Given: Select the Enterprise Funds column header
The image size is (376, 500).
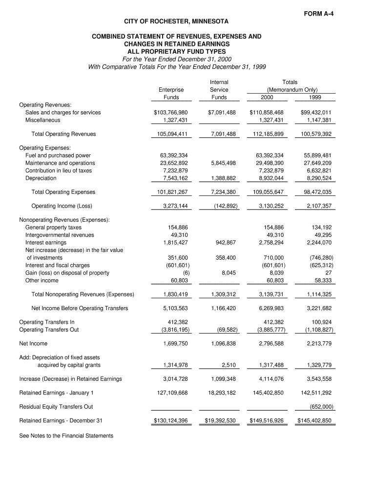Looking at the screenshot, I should (x=171, y=93).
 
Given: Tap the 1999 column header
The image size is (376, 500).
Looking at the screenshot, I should (x=315, y=97).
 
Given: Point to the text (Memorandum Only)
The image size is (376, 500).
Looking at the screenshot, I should (x=292, y=90).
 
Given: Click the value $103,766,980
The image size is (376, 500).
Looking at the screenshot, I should (x=171, y=113).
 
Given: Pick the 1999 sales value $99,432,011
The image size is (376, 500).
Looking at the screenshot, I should (x=316, y=113).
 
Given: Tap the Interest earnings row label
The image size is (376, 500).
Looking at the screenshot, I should (x=46, y=243).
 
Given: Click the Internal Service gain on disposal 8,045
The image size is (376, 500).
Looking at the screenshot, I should (x=229, y=273).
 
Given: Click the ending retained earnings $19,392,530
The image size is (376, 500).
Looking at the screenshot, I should (x=220, y=421).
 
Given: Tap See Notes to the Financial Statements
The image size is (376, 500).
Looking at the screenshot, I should (x=66, y=436).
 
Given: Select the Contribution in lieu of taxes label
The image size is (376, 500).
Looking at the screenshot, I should (x=59, y=171).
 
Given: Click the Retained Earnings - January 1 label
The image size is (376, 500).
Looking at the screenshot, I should (x=56, y=393).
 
